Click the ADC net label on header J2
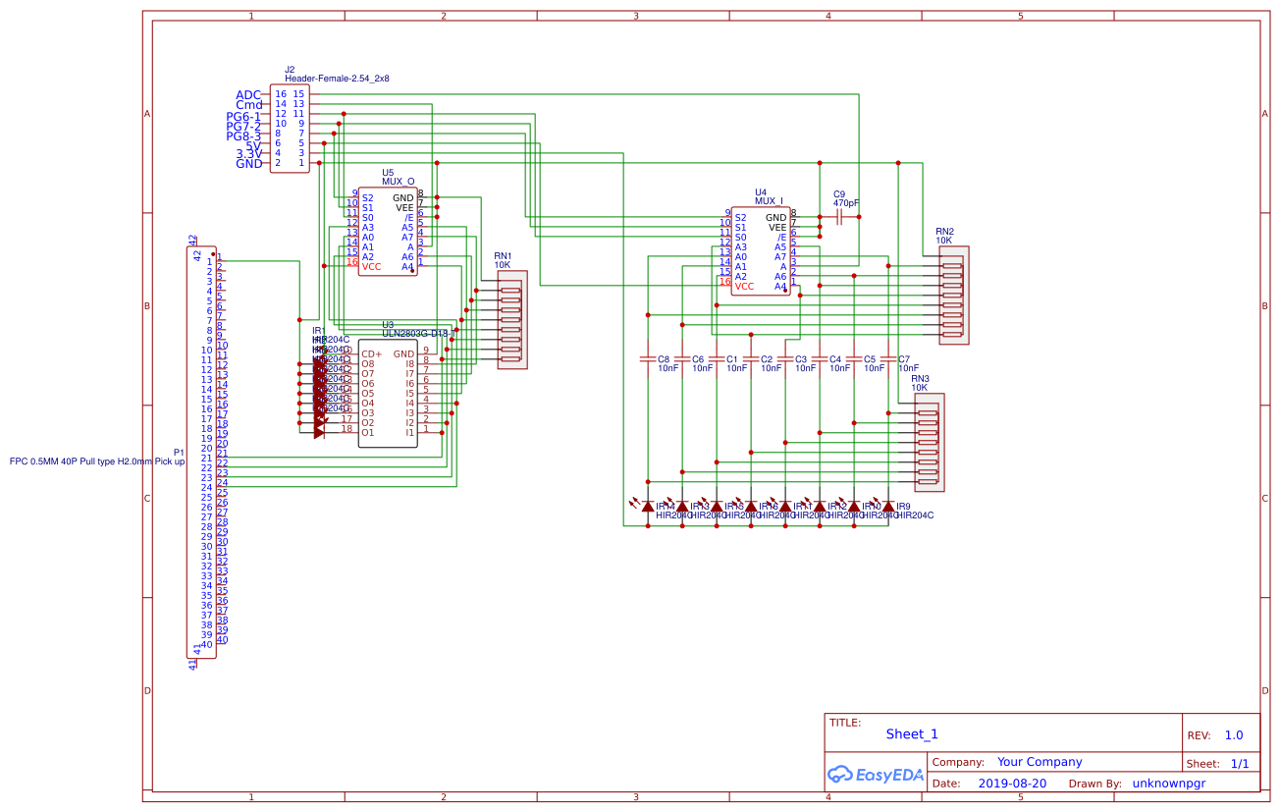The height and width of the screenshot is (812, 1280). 248,95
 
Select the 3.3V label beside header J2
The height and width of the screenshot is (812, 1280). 248,154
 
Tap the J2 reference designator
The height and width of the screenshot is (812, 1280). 290,70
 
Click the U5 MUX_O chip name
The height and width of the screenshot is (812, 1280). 398,181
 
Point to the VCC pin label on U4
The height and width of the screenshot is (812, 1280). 745,287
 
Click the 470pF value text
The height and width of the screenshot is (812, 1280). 845,203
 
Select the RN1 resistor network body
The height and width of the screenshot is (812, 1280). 511,320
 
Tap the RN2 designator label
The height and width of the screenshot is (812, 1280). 944,231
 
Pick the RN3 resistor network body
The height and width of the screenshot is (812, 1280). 929,442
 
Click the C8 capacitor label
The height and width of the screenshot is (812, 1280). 664,359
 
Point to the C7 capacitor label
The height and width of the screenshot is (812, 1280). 904,359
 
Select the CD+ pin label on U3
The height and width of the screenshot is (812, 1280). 371,354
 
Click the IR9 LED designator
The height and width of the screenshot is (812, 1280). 903,506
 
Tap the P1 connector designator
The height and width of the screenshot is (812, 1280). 179,453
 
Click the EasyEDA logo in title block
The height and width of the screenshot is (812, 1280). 876,775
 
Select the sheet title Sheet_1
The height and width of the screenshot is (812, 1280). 912,734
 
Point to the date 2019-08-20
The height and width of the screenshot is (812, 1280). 1012,784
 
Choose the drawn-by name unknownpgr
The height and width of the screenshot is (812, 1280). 1168,784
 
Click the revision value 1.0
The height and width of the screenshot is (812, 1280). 1234,735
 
